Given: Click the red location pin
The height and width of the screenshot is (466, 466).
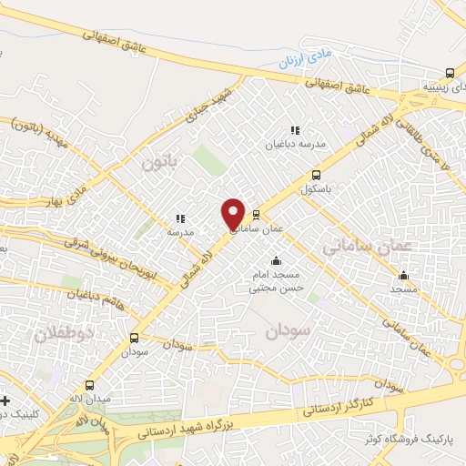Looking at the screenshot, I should tap(233, 214).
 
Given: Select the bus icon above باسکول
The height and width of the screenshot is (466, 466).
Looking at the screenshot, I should tap(316, 175).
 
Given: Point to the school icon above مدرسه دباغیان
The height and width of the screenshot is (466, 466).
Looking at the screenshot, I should tap(294, 131).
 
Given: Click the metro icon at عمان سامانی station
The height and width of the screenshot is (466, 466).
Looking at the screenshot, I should tap(256, 215).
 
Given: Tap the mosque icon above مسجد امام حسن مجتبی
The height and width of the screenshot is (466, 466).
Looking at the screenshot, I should tap(276, 262).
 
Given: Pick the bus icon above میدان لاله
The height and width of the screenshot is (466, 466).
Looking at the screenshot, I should tap(89, 386).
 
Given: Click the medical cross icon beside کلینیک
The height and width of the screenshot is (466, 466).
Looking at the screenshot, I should tap(5, 400).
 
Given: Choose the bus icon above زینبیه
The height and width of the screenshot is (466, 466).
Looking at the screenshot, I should tap(450, 74).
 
